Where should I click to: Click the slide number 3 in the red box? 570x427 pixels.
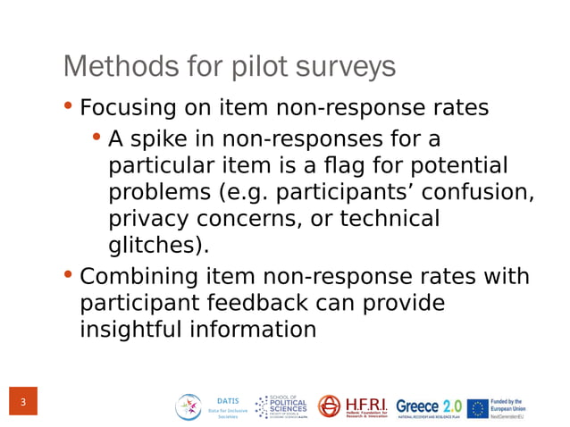[23, 403]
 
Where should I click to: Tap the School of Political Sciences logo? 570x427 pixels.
[281, 407]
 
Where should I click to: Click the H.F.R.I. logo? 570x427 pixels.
[354, 407]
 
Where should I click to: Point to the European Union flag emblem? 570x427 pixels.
[478, 408]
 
